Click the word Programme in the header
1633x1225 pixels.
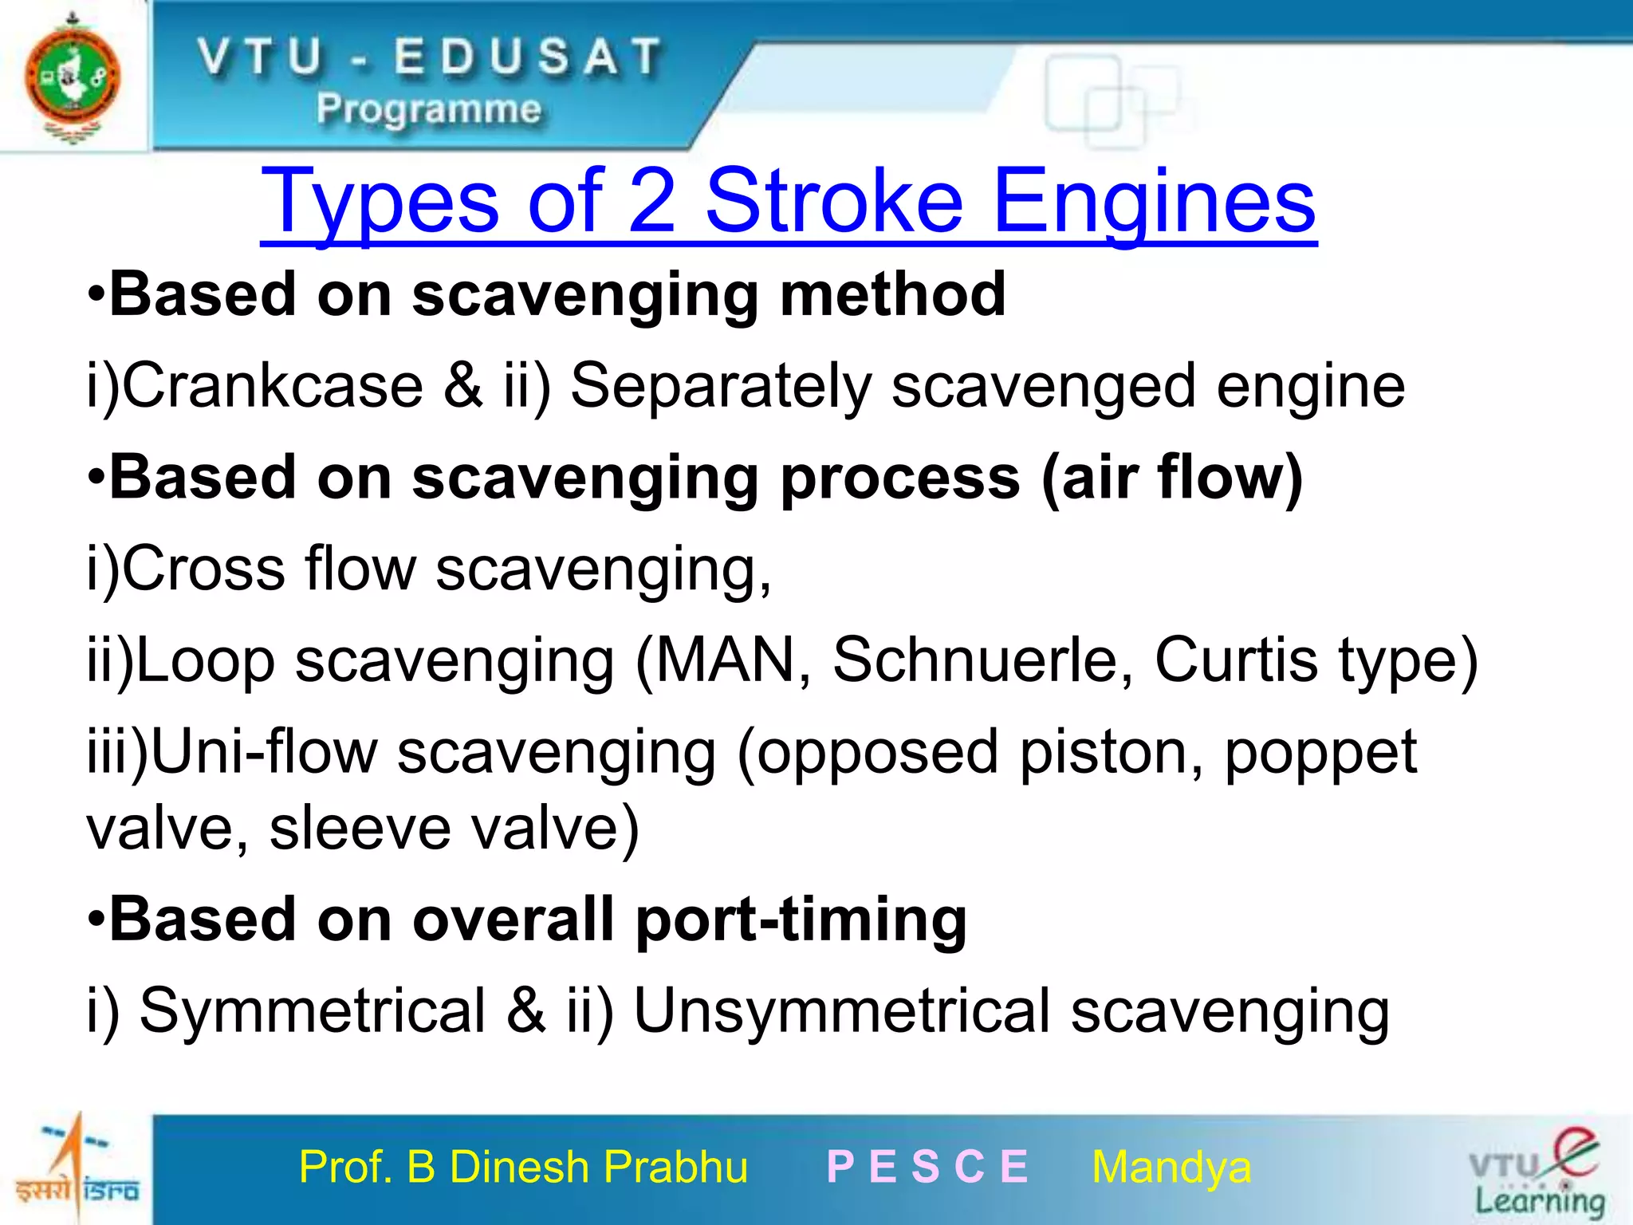click(429, 109)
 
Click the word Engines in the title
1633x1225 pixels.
click(1155, 203)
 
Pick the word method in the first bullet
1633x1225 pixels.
click(892, 294)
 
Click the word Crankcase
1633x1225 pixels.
click(273, 386)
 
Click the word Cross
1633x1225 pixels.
click(203, 569)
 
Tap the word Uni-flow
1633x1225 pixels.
click(264, 752)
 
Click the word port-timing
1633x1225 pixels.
click(801, 920)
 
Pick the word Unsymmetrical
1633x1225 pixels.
click(841, 1011)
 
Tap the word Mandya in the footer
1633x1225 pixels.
click(1171, 1168)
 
